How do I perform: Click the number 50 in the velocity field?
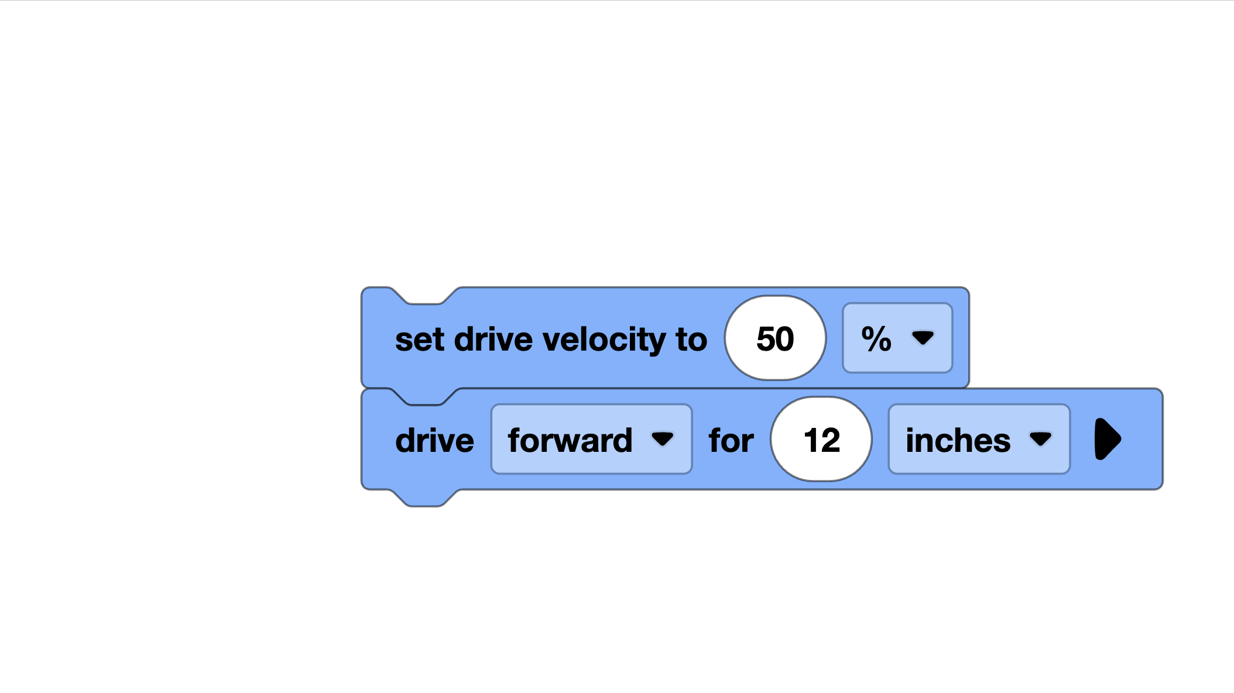[x=775, y=338]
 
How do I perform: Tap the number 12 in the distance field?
[x=821, y=440]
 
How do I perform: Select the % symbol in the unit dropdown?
[x=876, y=338]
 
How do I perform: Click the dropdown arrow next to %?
[x=923, y=338]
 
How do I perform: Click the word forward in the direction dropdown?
[x=570, y=440]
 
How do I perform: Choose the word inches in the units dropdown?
[x=958, y=440]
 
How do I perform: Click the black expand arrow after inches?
[x=1107, y=439]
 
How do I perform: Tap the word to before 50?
[x=691, y=339]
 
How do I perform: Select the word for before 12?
[x=731, y=440]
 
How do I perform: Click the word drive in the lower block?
[x=434, y=440]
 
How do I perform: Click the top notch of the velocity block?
[x=424, y=297]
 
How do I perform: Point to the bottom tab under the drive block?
[x=424, y=498]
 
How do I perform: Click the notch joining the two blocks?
[x=424, y=396]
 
